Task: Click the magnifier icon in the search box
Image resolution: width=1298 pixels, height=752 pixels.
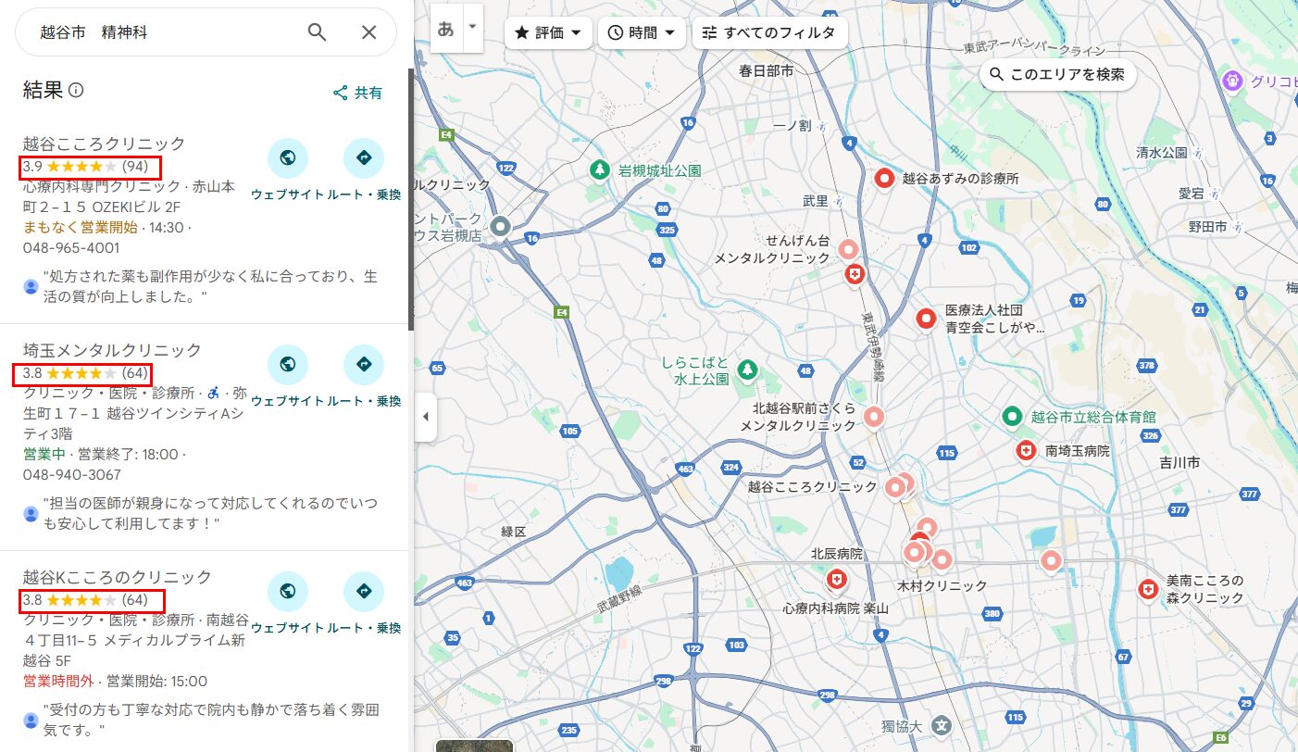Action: (317, 32)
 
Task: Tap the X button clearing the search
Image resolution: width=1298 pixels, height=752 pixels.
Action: (368, 32)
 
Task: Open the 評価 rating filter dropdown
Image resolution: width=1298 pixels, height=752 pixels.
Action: (548, 32)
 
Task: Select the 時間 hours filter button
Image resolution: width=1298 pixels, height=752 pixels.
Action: (642, 32)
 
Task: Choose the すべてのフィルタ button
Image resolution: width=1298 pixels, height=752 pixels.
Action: (769, 32)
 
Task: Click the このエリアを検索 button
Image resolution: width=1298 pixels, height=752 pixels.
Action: (1057, 74)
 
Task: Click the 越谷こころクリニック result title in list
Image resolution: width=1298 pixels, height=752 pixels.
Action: (104, 144)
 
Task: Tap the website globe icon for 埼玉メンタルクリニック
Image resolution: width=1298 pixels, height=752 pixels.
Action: (287, 364)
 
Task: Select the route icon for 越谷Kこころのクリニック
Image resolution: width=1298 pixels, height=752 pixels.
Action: (363, 591)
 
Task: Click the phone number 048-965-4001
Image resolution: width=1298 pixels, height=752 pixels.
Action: (71, 248)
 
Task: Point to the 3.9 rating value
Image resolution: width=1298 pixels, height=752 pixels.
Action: (32, 167)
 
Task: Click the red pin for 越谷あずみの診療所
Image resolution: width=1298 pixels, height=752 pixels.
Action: (884, 178)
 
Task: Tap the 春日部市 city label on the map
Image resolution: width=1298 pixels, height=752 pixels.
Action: (766, 70)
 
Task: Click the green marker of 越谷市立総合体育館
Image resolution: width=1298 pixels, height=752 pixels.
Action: (1012, 417)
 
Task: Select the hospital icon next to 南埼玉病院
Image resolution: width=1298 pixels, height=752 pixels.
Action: (1026, 451)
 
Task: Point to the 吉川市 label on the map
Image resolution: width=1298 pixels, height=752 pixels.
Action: (1179, 461)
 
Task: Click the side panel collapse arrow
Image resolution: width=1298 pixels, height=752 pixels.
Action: (425, 417)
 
